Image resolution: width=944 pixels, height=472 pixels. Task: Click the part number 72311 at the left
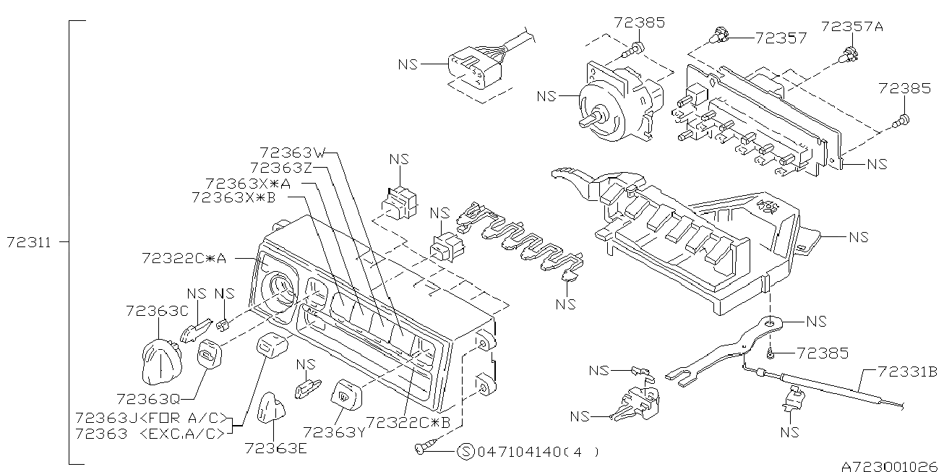point(29,243)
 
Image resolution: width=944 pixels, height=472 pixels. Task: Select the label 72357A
point(851,27)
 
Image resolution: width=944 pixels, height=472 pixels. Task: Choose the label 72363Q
point(148,399)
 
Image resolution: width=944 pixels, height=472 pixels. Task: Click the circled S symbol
point(467,452)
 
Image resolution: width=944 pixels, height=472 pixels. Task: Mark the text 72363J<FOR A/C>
point(151,418)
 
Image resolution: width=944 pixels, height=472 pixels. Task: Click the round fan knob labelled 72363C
point(158,361)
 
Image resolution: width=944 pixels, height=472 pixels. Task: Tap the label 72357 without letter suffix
point(781,38)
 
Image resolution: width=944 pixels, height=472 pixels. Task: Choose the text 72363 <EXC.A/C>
point(151,433)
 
